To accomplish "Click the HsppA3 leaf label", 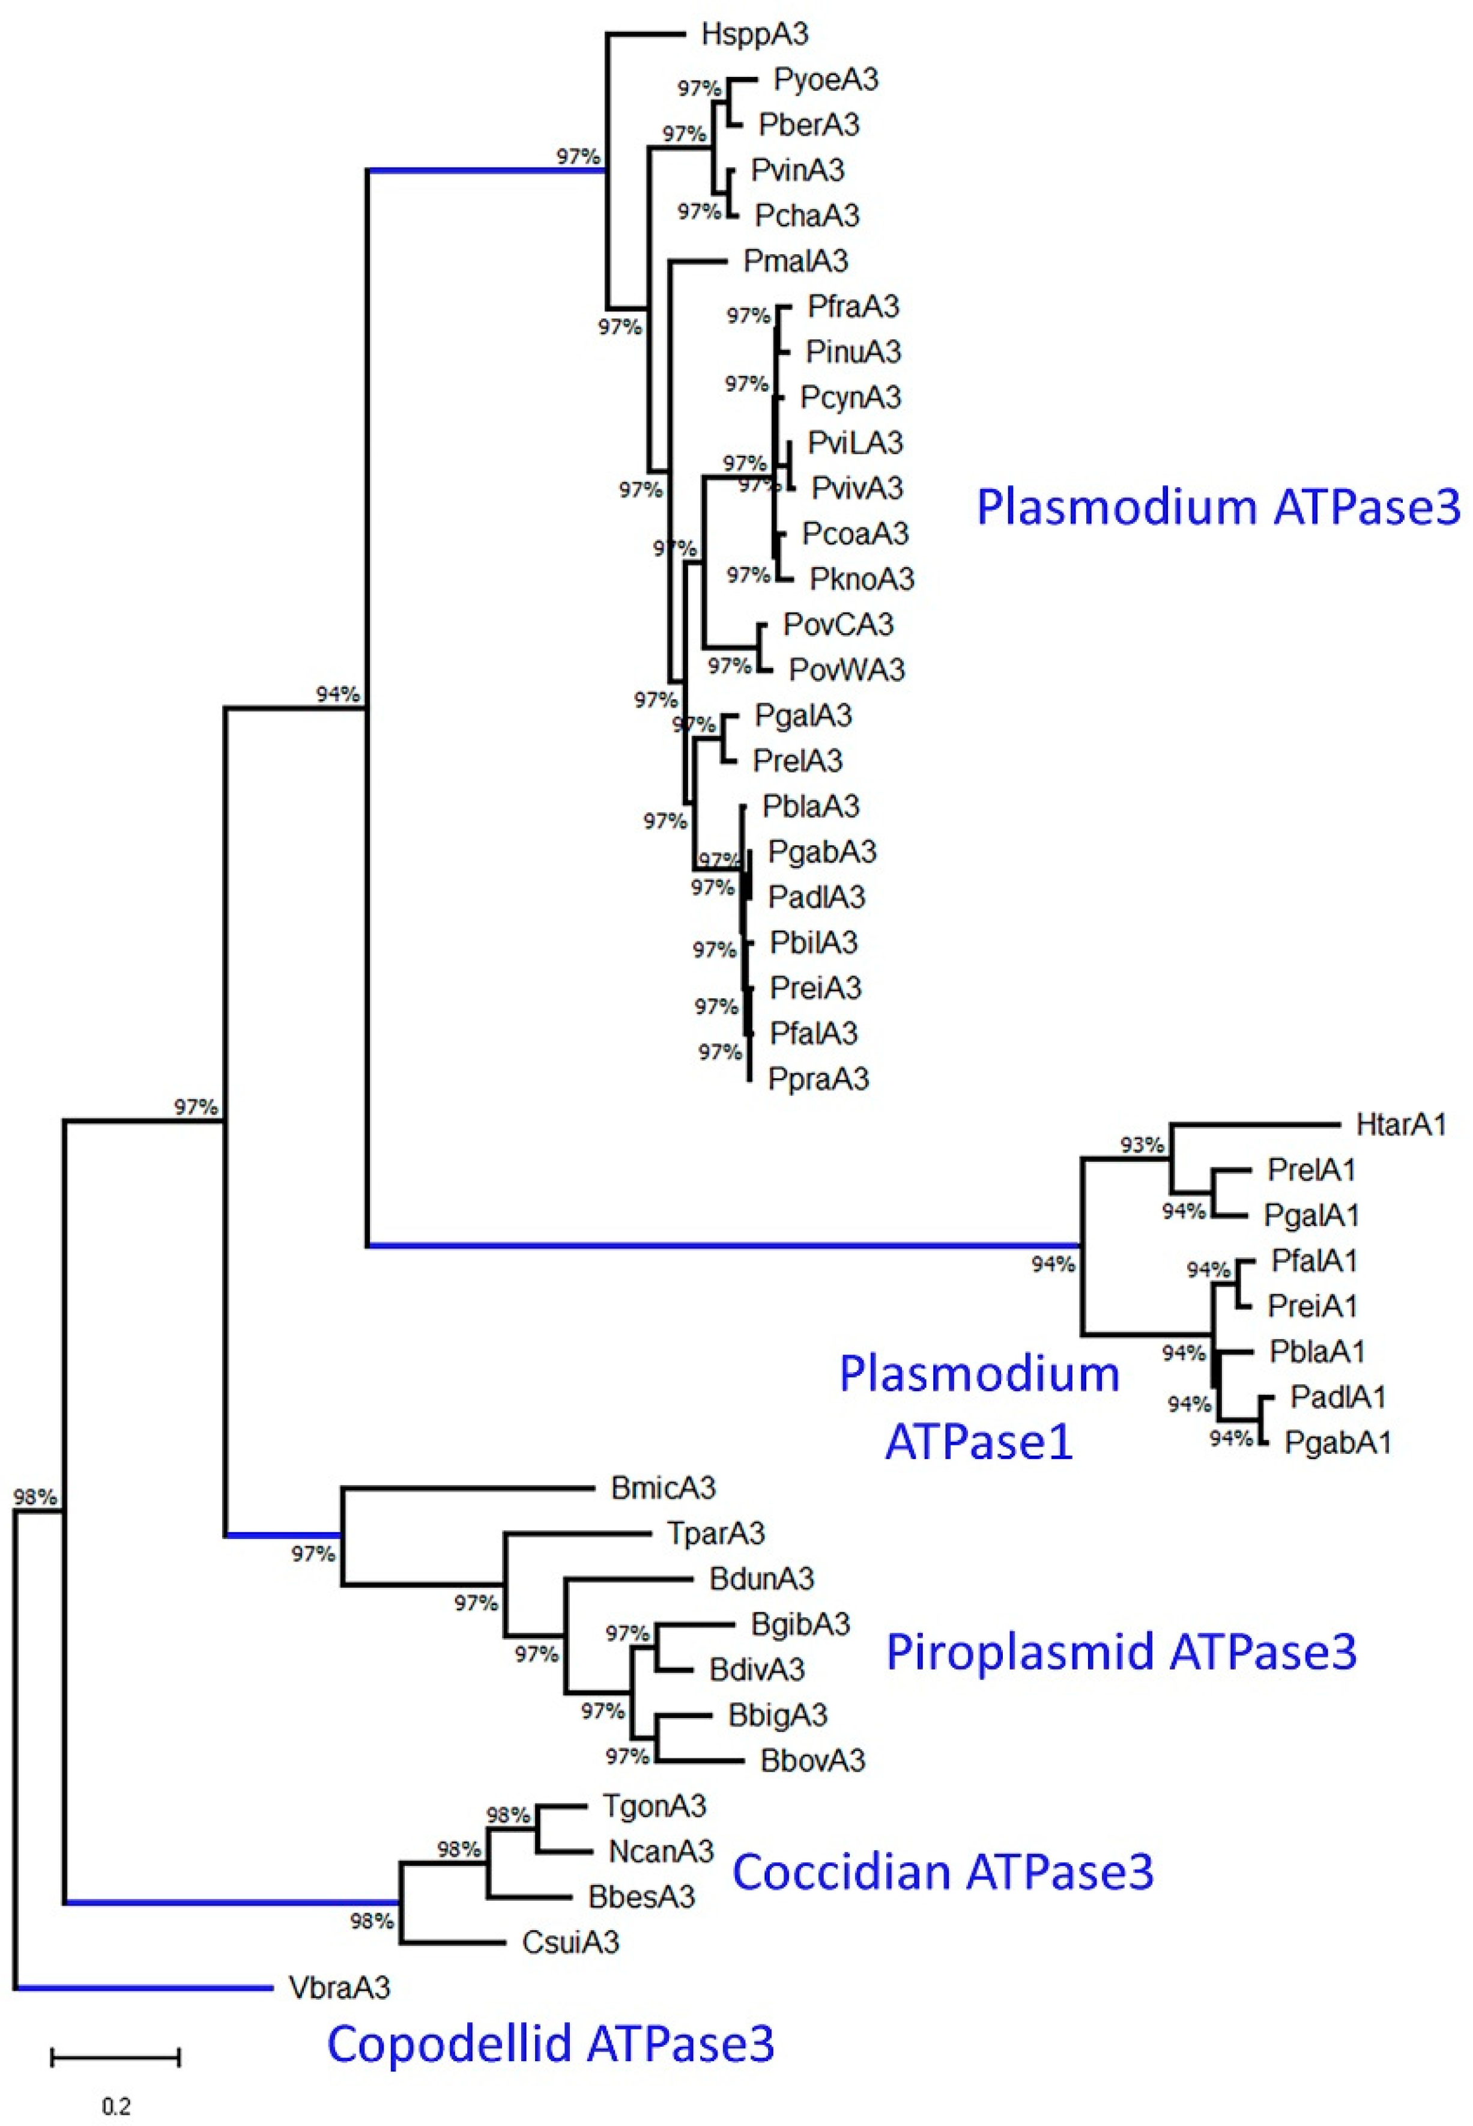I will tap(754, 35).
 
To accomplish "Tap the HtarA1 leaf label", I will tap(1400, 1125).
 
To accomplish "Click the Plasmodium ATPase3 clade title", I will tap(1218, 507).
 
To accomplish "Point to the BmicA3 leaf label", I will tap(663, 1487).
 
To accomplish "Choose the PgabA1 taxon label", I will tap(1337, 1442).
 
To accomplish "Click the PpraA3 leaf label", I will tap(818, 1078).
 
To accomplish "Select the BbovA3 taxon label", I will tap(812, 1760).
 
